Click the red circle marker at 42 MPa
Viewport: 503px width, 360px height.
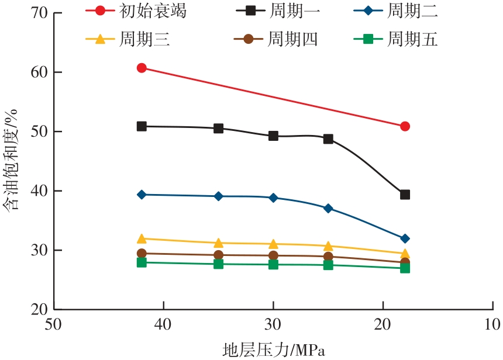[142, 68]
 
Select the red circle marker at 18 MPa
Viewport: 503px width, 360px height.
[405, 126]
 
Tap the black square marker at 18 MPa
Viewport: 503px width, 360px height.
[405, 195]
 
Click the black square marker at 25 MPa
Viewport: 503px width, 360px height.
[328, 139]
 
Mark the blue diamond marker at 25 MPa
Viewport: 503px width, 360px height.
[328, 208]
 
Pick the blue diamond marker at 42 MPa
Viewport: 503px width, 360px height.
[142, 195]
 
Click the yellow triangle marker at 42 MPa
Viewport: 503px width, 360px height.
[142, 238]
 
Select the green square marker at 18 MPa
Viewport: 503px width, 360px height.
[405, 268]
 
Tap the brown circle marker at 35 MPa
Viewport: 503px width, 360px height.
[218, 255]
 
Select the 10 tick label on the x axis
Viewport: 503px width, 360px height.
[492, 324]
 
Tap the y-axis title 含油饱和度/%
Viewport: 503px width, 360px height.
[13, 161]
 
